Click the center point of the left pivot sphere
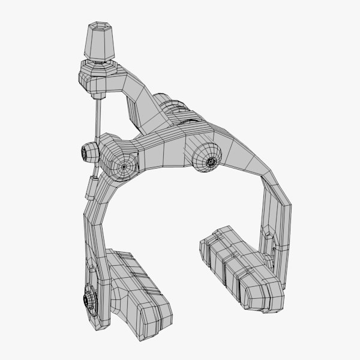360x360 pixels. click(x=126, y=164)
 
